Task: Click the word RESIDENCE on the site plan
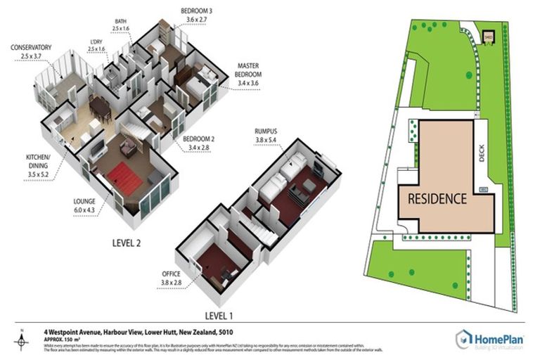coord(437,198)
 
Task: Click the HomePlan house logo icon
coord(463,339)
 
